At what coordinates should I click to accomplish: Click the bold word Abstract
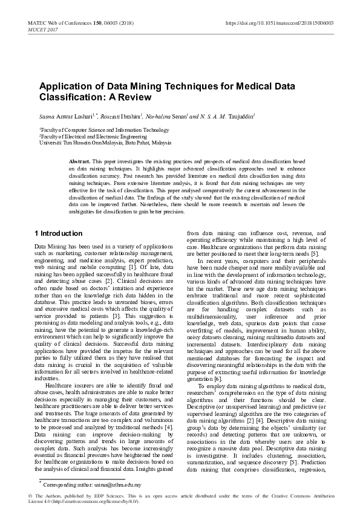pos(80,163)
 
